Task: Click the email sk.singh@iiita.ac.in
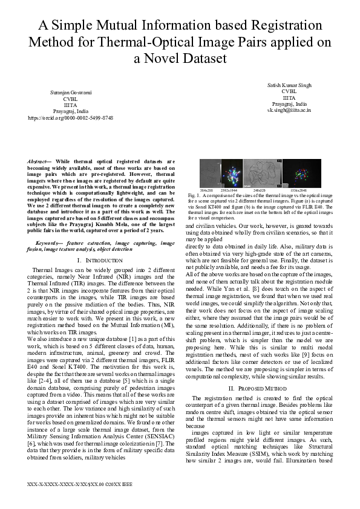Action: coord(289,111)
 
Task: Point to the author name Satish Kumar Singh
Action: coord(289,85)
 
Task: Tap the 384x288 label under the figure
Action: coord(206,190)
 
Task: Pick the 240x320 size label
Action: coord(260,190)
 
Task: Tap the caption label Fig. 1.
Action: coord(194,196)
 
